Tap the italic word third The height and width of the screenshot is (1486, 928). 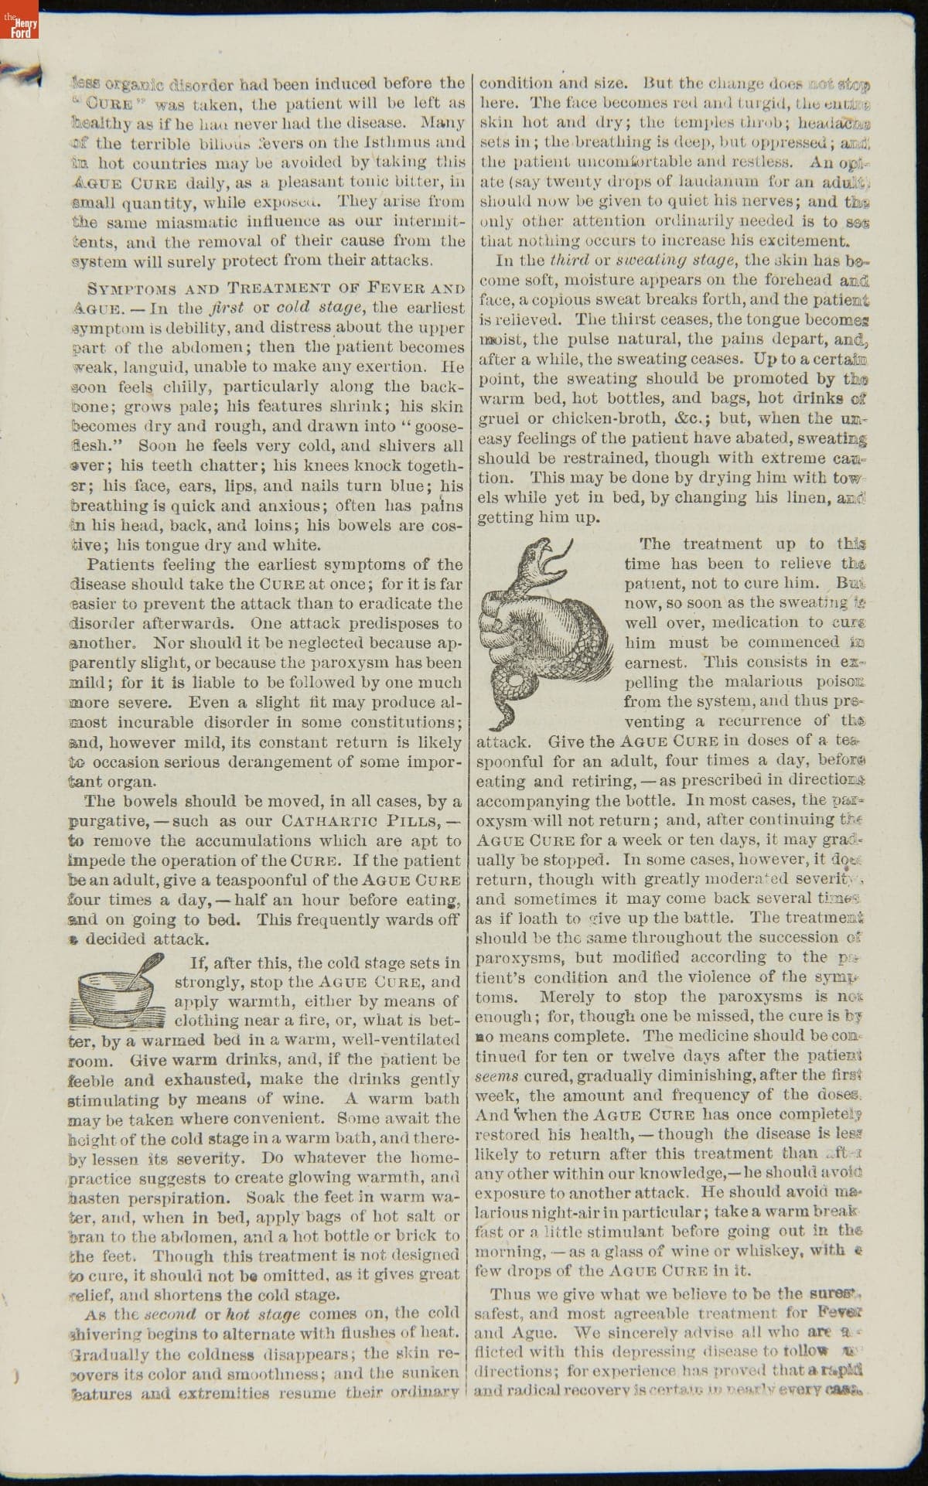(x=567, y=261)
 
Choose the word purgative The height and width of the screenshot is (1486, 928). (x=107, y=821)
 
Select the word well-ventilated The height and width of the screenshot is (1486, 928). (x=398, y=1040)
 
